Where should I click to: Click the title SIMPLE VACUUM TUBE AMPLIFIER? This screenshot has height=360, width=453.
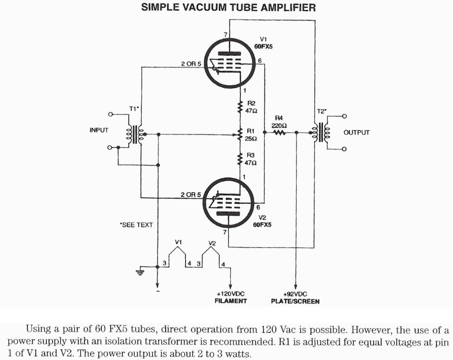point(228,7)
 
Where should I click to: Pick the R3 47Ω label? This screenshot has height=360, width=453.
point(251,158)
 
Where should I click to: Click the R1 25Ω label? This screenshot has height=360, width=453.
point(251,135)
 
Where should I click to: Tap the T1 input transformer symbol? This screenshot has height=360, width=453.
point(134,133)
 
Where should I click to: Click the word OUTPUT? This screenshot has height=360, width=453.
point(356,133)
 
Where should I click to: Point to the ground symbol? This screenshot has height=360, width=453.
point(140,271)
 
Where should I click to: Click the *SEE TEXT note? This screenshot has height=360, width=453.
point(136,225)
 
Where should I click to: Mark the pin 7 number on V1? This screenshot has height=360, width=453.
point(225,35)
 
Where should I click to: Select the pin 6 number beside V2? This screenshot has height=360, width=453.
point(258,207)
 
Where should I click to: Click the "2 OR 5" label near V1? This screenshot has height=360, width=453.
point(191,64)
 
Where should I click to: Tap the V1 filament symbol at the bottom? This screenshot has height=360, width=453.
point(178,252)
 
